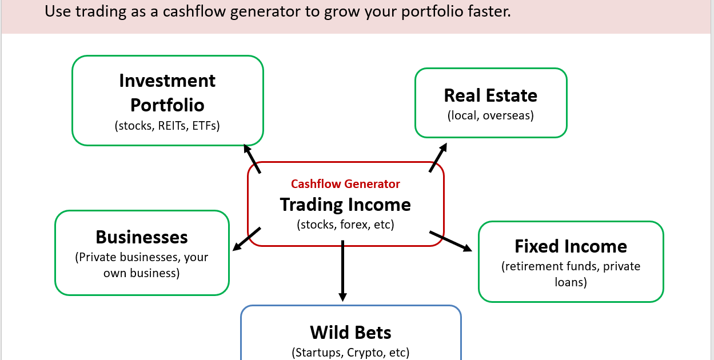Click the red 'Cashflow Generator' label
tap(345, 184)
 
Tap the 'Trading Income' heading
tap(345, 205)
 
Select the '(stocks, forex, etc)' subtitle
tap(345, 225)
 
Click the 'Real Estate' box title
tap(490, 95)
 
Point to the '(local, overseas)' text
tap(490, 115)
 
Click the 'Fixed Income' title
tap(571, 246)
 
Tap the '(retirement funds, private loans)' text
tap(571, 274)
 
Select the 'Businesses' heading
tap(142, 237)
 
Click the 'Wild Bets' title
tap(350, 332)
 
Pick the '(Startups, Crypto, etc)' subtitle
tap(350, 352)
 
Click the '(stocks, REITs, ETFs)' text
tap(167, 126)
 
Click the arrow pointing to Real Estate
tap(438, 158)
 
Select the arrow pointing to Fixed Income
tap(450, 241)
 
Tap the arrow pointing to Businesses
tap(247, 239)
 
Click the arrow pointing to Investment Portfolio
tap(252, 158)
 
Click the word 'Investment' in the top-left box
tap(167, 81)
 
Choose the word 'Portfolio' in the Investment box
tap(167, 105)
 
